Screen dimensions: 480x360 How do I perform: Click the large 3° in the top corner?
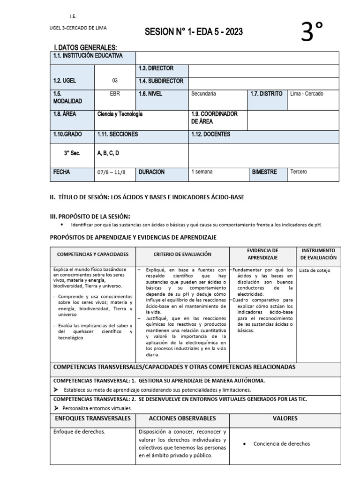pyautogui.click(x=313, y=32)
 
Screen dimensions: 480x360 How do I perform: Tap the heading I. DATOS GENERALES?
pyautogui.click(x=85, y=47)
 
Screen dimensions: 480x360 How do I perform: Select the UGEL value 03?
pyautogui.click(x=115, y=81)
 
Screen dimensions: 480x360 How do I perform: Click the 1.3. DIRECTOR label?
pyautogui.click(x=156, y=68)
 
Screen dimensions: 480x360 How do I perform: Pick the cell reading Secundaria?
pyautogui.click(x=203, y=94)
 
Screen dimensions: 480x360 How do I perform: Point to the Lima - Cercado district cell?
pyautogui.click(x=307, y=94)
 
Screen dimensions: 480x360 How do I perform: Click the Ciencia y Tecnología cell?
pyautogui.click(x=120, y=114)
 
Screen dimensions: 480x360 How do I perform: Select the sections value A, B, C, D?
pyautogui.click(x=108, y=153)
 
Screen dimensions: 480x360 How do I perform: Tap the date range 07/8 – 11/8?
pyautogui.click(x=112, y=172)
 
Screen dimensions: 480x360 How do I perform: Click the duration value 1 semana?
pyautogui.click(x=202, y=172)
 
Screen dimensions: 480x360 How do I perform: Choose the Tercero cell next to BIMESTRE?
pyautogui.click(x=299, y=172)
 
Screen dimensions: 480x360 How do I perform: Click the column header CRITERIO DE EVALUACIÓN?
pyautogui.click(x=182, y=254)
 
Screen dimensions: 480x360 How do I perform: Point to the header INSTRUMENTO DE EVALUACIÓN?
pyautogui.click(x=318, y=254)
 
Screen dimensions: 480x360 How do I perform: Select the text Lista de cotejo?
pyautogui.click(x=315, y=270)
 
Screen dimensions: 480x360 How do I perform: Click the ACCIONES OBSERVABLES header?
pyautogui.click(x=182, y=418)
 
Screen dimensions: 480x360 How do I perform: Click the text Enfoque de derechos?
pyautogui.click(x=79, y=431)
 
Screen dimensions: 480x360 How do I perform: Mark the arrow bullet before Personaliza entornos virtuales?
pyautogui.click(x=56, y=408)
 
